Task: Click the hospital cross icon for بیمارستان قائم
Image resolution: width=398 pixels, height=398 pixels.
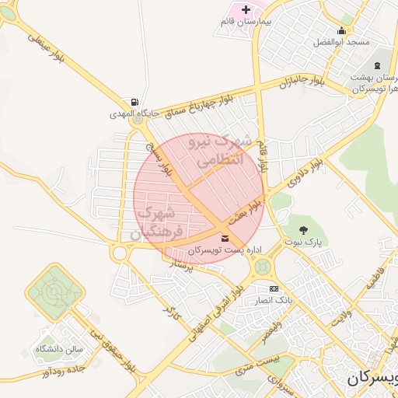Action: pyautogui.click(x=246, y=9)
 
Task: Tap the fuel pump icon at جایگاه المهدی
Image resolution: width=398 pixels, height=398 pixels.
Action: pyautogui.click(x=136, y=102)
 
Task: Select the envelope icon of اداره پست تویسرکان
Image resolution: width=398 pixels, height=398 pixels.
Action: pyautogui.click(x=225, y=238)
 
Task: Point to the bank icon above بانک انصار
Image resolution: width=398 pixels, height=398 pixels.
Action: pyautogui.click(x=273, y=288)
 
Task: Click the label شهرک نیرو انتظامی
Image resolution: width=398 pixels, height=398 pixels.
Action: pyautogui.click(x=220, y=152)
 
